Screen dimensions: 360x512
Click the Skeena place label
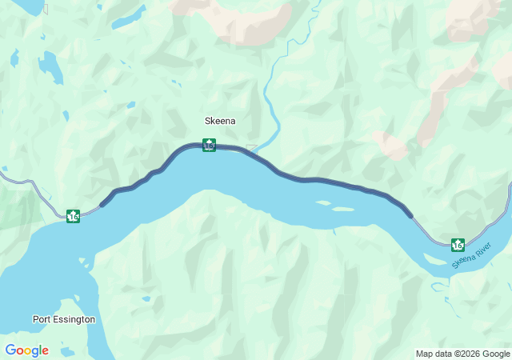[220, 121]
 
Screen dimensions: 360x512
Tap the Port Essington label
[64, 319]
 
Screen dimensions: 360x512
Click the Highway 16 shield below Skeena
[209, 145]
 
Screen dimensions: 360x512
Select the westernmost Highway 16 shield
[73, 216]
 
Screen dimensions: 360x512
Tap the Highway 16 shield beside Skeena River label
[458, 244]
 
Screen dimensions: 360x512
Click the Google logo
[26, 350]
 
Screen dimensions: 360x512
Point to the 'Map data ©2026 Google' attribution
[462, 354]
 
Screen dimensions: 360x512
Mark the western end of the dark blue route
[102, 205]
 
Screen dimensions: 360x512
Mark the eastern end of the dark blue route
[411, 215]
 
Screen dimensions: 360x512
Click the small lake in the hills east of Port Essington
[146, 299]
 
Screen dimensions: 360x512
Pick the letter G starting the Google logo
[10, 350]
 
